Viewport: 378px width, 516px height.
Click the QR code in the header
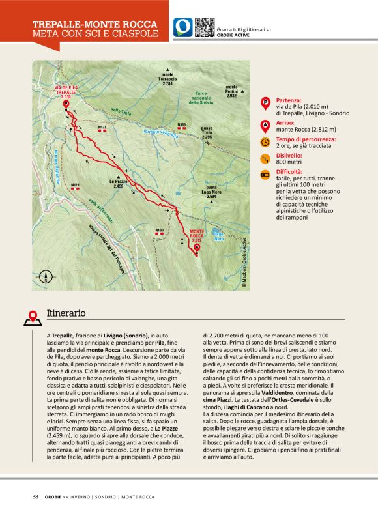(x=205, y=27)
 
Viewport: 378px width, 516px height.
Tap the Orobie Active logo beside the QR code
(x=183, y=27)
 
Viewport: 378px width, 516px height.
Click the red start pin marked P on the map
(x=66, y=103)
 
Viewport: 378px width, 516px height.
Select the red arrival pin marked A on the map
(x=197, y=247)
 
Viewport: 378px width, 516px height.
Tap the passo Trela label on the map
(x=207, y=132)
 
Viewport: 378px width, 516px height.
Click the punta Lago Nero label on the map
(x=207, y=192)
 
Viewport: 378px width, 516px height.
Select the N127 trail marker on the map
(x=102, y=128)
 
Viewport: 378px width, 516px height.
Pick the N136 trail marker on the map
(x=182, y=125)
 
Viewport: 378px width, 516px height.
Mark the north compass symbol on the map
(x=47, y=276)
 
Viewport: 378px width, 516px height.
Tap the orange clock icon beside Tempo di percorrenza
(x=265, y=141)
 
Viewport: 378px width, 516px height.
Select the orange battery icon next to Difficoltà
(x=265, y=175)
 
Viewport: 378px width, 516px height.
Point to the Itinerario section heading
(x=66, y=313)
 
